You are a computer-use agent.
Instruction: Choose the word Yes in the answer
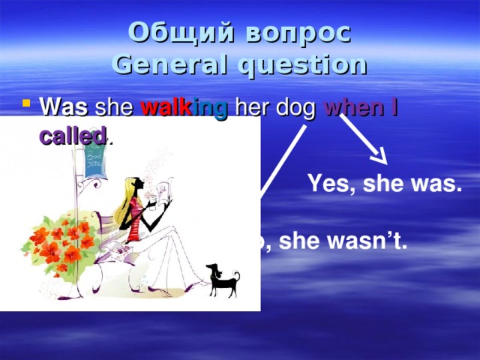[x=326, y=184]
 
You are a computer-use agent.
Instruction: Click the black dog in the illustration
[x=224, y=280]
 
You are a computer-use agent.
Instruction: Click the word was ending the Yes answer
[x=436, y=184]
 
